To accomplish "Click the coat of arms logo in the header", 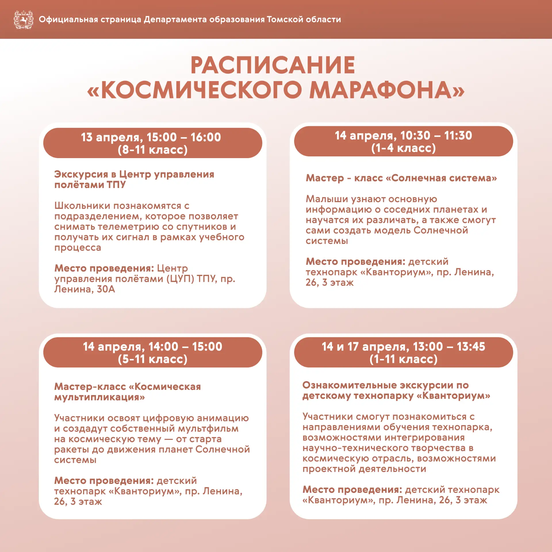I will click(x=24, y=20).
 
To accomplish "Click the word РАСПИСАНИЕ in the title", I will click(x=273, y=65).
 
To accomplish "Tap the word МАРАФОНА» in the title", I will click(x=387, y=90).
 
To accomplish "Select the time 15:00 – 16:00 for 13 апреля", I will click(x=184, y=137).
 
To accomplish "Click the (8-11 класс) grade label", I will click(x=153, y=150).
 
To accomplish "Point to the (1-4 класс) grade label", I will click(x=403, y=148).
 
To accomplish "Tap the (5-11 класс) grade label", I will click(x=153, y=359).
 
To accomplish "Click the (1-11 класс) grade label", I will click(x=403, y=359).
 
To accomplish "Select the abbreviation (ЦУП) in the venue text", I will click(x=180, y=279).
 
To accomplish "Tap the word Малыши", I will click(x=324, y=199).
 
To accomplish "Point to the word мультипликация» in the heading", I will click(x=99, y=397).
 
